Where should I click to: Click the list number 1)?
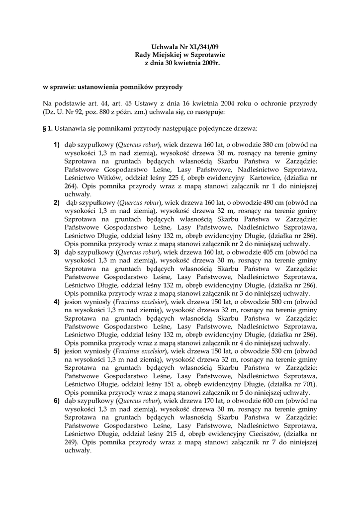[57, 145]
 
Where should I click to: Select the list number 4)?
[57, 302]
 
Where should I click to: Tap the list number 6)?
[57, 401]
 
